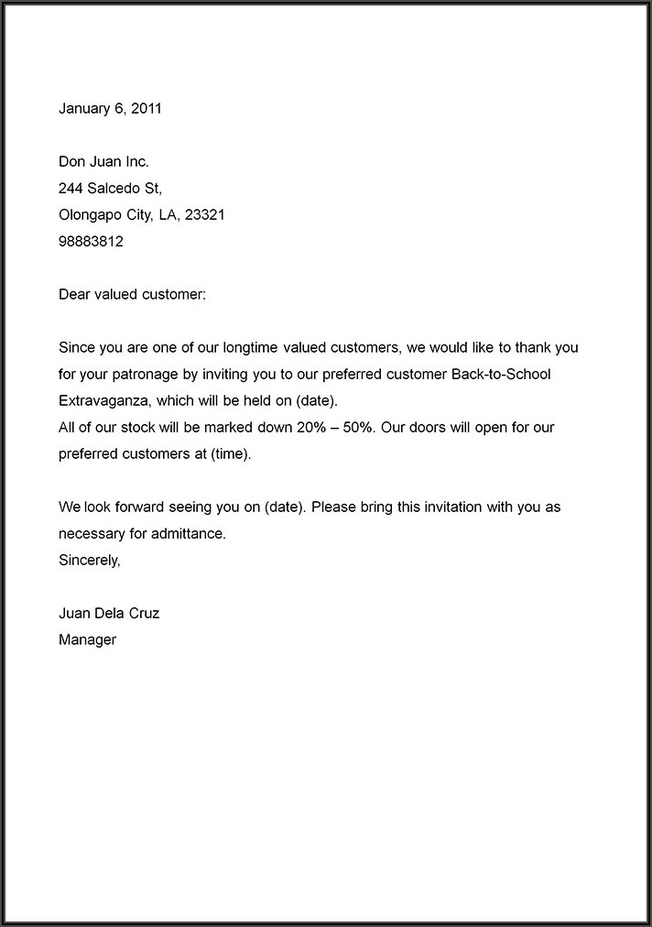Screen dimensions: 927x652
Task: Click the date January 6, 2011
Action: pos(110,108)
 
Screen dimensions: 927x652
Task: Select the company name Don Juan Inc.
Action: pos(103,162)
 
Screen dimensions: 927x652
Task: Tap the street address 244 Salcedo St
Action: pos(110,189)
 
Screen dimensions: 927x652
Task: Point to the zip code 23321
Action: pos(205,215)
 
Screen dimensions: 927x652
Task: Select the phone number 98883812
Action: pos(91,242)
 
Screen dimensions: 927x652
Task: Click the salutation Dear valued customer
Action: pos(133,295)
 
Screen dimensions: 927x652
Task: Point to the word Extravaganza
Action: pos(101,401)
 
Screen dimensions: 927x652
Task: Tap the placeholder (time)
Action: pos(230,454)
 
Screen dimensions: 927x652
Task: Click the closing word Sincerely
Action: pos(89,560)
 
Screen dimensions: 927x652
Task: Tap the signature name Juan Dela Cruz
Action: pos(109,613)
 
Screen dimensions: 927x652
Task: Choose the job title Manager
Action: pos(87,639)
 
